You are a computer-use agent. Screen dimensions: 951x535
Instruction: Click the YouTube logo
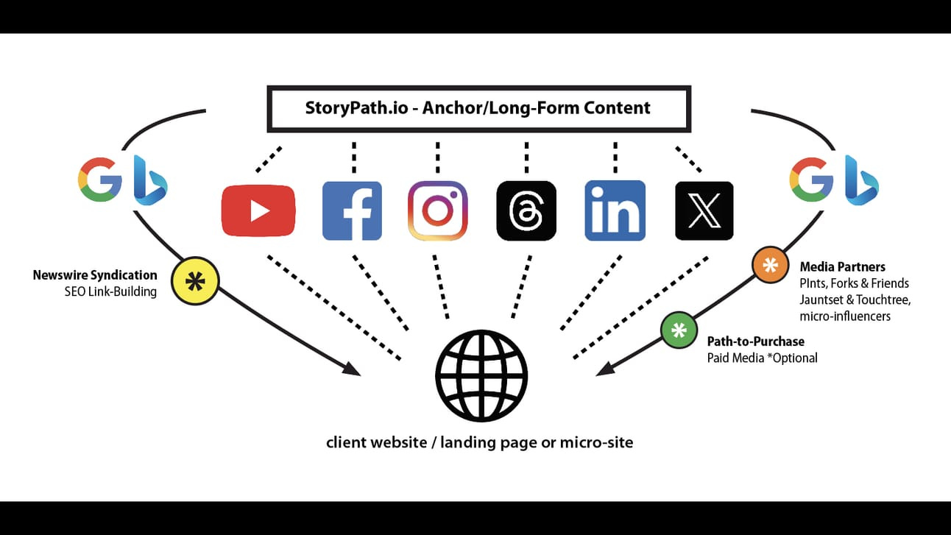click(258, 211)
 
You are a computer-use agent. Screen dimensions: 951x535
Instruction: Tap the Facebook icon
click(352, 211)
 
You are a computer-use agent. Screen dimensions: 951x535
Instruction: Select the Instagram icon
click(438, 211)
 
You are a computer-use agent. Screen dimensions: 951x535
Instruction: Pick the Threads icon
click(526, 211)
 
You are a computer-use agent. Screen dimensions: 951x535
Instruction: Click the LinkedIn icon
click(615, 211)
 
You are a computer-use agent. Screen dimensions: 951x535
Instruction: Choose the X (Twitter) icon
click(704, 211)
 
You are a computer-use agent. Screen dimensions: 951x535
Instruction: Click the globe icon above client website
click(481, 375)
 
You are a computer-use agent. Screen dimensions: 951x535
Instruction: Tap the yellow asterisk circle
click(195, 281)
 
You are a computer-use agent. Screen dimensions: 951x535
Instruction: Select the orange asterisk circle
click(771, 265)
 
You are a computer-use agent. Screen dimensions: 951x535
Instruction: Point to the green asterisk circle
click(679, 329)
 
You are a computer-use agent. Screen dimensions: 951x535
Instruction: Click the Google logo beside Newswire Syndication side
click(100, 179)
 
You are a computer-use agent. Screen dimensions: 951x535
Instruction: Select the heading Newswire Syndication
click(95, 275)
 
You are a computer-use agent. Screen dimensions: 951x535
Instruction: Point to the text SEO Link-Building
click(110, 291)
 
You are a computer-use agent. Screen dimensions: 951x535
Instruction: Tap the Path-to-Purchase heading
click(755, 341)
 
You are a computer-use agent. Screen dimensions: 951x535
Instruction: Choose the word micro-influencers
click(845, 316)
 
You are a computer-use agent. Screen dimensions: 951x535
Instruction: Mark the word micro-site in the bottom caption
click(596, 443)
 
